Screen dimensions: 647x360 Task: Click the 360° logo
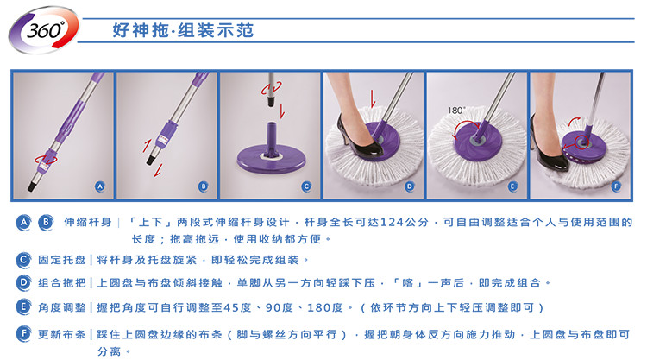(x=44, y=29)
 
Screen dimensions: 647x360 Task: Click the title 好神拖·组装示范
(x=183, y=30)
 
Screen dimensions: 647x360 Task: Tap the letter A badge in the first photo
(x=100, y=186)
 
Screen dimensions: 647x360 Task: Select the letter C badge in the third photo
(x=306, y=186)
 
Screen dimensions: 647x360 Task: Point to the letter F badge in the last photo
(x=616, y=186)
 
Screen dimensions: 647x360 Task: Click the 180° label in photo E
(x=456, y=111)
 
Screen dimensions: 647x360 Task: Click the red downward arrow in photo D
(x=373, y=98)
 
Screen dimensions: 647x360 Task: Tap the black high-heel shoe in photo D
(x=360, y=136)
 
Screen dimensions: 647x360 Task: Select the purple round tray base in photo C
(x=271, y=157)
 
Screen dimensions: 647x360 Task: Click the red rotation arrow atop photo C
(x=272, y=88)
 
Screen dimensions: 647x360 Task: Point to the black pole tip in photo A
(x=32, y=186)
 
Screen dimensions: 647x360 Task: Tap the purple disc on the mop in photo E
(x=477, y=141)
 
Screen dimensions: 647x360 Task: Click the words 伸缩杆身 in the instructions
(x=88, y=222)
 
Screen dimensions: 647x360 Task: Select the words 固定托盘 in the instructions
(x=62, y=260)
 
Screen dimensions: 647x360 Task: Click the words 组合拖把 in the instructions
(x=62, y=283)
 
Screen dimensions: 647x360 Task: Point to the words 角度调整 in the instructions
(x=62, y=307)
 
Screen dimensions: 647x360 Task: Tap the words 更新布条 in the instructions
(x=62, y=334)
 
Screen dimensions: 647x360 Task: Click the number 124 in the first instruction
(x=392, y=223)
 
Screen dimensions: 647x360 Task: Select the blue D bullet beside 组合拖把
(x=23, y=283)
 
